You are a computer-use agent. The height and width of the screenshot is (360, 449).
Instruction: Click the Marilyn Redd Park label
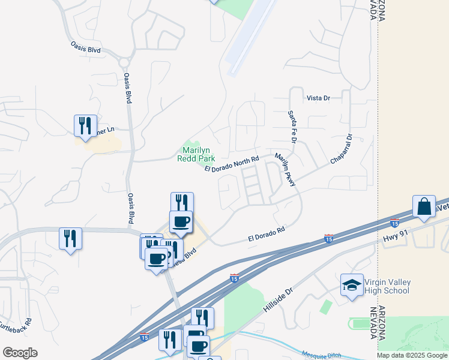[196, 154]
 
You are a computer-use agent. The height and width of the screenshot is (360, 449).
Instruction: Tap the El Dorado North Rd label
[231, 164]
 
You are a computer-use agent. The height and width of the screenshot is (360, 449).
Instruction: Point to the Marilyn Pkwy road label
[285, 170]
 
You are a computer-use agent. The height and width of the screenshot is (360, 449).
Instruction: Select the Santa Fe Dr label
[292, 127]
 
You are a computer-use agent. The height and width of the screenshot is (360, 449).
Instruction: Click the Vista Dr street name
[318, 98]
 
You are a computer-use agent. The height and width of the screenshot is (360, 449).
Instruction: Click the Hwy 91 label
[395, 238]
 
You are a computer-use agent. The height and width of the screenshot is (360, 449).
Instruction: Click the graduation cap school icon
[352, 284]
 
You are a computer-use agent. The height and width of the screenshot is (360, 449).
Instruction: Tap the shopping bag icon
[424, 206]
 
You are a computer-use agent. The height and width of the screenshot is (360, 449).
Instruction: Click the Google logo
[19, 353]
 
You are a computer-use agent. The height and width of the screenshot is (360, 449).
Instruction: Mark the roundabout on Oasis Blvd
[125, 62]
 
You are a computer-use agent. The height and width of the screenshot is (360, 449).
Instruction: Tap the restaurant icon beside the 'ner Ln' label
[85, 125]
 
